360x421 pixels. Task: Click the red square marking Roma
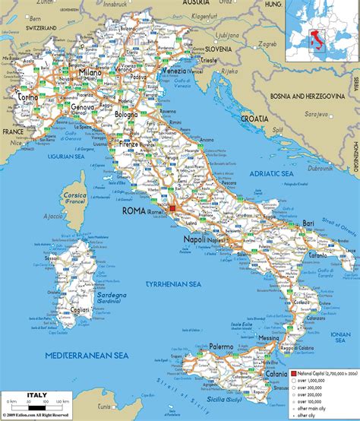172,207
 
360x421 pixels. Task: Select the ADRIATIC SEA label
267,174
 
